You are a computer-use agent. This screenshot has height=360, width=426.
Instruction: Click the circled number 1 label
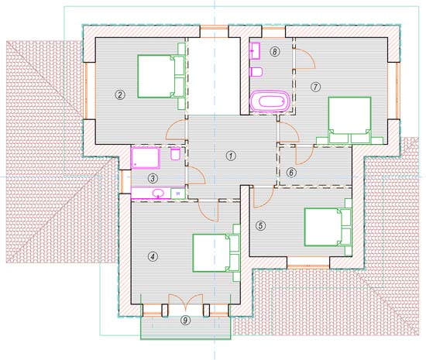click(231, 156)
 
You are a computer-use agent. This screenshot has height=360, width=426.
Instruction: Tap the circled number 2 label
click(120, 94)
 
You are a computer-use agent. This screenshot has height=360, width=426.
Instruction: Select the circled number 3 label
click(153, 178)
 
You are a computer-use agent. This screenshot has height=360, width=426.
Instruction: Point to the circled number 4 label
click(153, 256)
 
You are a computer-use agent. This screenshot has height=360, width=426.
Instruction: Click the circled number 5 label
click(260, 225)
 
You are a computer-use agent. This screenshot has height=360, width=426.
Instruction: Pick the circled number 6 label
click(291, 173)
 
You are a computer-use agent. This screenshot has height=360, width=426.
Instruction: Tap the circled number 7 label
click(315, 87)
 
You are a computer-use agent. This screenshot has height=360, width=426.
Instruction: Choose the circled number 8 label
click(275, 52)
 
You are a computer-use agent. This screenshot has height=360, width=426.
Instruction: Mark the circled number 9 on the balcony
click(185, 320)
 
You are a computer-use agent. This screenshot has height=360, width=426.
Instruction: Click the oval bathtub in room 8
click(270, 101)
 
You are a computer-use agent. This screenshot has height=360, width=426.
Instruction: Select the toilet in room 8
click(256, 72)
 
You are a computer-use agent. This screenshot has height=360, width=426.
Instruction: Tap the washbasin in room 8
click(255, 51)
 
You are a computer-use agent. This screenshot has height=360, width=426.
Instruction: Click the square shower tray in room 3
click(146, 157)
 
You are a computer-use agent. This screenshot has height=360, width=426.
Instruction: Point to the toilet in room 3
click(176, 154)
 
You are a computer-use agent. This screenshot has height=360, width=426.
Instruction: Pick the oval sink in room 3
click(158, 193)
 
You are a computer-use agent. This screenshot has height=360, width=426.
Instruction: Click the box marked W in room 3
click(178, 194)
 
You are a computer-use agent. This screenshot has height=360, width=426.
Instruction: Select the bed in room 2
click(161, 77)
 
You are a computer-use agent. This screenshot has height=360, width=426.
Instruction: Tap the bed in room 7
click(349, 120)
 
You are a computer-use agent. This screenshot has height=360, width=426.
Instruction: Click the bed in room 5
click(328, 228)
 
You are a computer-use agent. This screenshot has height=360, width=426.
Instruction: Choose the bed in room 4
click(216, 253)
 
